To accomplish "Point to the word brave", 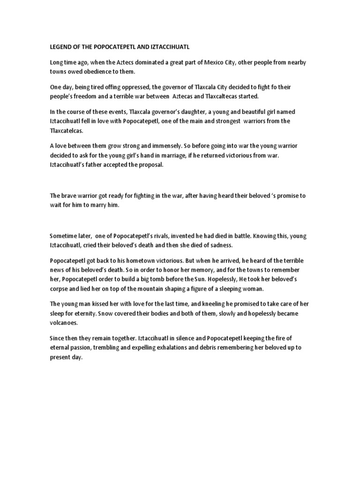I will [70, 195].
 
